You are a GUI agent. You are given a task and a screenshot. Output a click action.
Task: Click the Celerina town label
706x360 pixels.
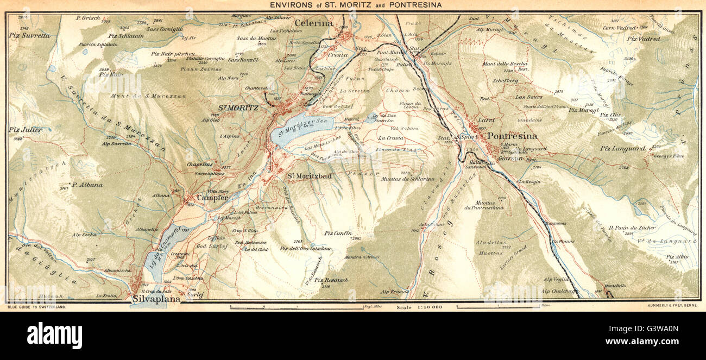coord(313,23)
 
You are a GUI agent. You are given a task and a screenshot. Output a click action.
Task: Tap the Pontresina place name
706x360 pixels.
coord(512,136)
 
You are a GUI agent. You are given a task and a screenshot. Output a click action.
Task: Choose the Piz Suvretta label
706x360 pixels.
coord(29,35)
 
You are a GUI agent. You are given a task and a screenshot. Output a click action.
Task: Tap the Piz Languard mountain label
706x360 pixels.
coord(622,148)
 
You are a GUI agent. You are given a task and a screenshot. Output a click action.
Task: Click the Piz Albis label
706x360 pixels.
coord(677,257)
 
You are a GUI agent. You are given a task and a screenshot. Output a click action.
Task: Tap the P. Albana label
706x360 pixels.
coord(86,185)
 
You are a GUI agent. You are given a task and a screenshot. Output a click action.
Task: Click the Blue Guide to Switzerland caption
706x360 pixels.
coord(37,307)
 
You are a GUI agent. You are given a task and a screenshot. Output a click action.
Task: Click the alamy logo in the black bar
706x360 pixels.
coord(54,336)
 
